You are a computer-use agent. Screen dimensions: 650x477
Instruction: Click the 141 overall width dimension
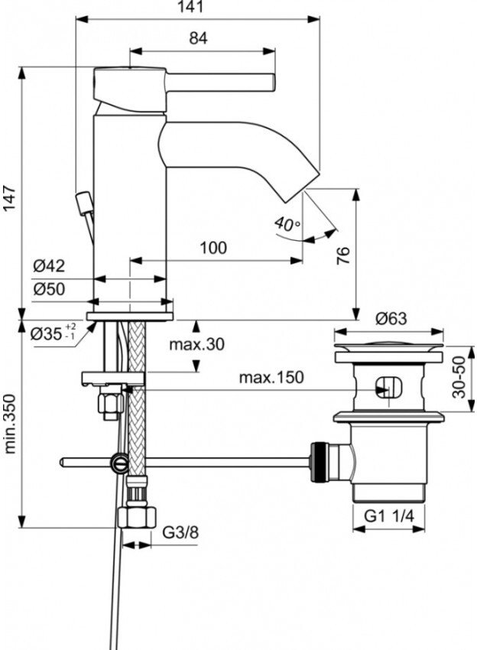coord(196,8)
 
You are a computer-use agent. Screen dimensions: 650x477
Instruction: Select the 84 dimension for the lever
coord(198,38)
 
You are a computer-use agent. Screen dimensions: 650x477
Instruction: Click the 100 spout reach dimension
coord(213,248)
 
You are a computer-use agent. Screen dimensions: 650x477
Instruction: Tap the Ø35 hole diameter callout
coord(53,333)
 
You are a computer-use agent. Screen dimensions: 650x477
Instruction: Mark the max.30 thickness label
coord(197,345)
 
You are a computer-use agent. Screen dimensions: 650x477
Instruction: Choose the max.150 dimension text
coord(271,377)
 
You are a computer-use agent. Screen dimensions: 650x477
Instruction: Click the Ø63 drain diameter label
coord(390,319)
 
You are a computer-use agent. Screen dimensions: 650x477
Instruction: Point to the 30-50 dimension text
coord(459,378)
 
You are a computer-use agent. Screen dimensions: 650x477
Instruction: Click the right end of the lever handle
coord(271,80)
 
